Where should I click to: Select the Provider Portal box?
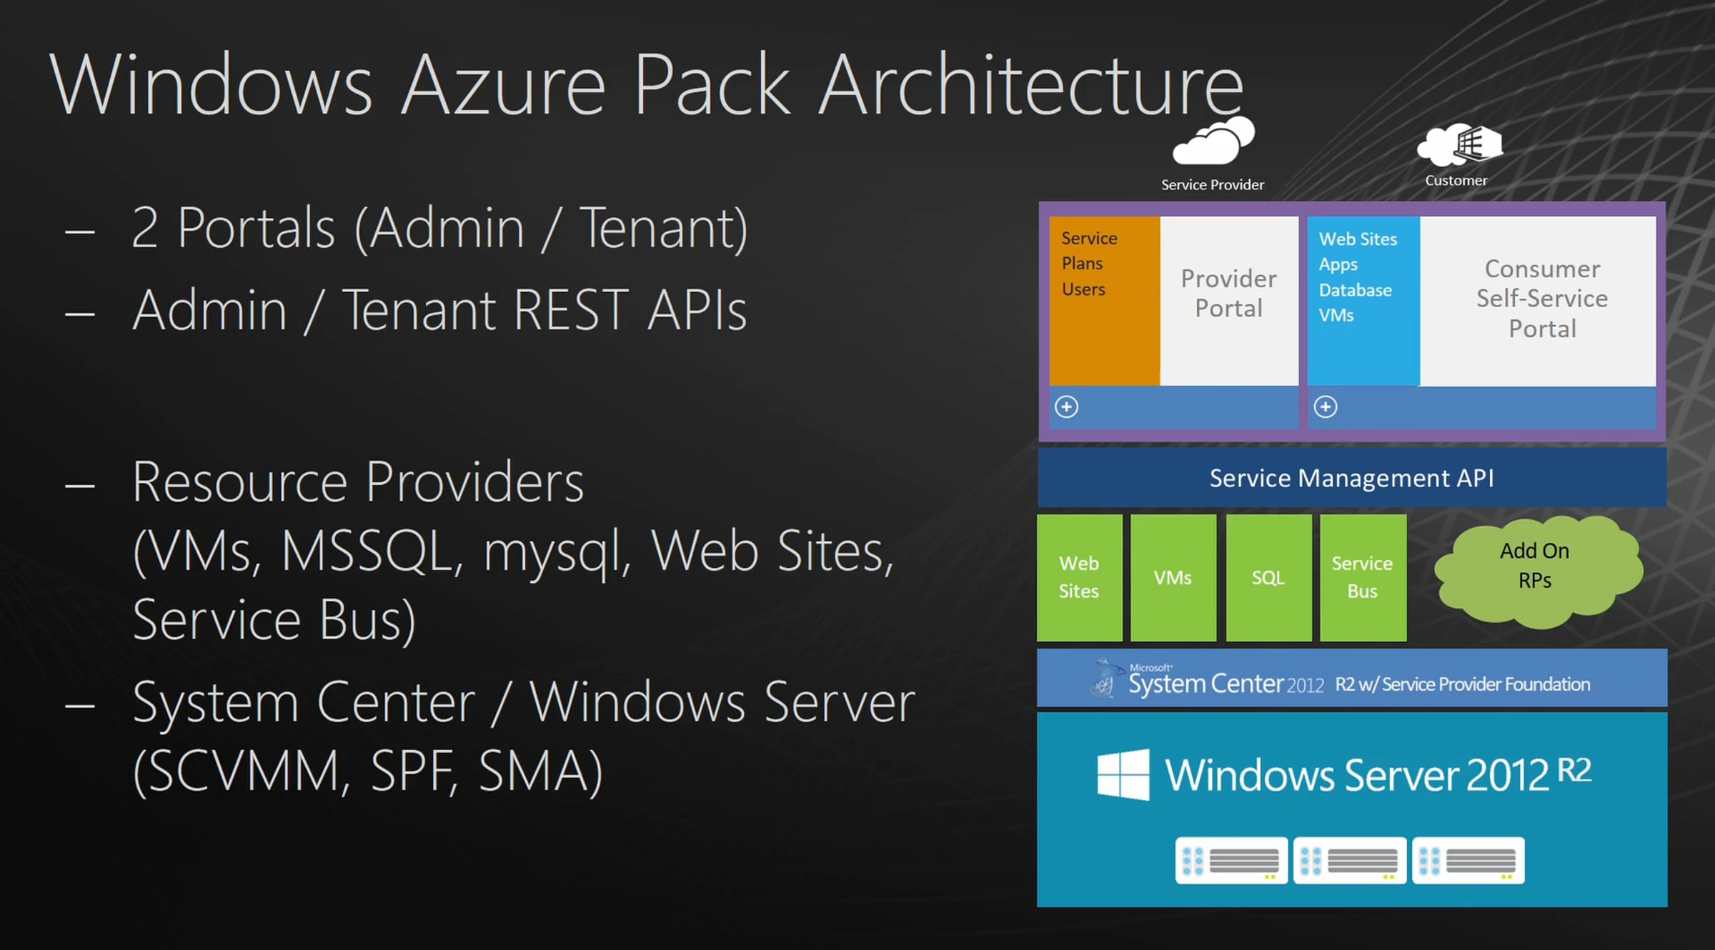point(1229,301)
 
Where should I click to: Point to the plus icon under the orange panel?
point(1067,407)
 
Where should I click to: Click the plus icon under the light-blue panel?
point(1326,407)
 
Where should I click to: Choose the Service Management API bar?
point(1352,477)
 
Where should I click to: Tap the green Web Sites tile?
point(1080,577)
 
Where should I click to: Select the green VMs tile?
point(1173,577)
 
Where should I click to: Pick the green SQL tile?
point(1268,577)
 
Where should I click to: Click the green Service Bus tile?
point(1363,577)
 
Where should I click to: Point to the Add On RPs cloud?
point(1538,571)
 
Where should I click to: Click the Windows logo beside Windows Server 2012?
point(1123,774)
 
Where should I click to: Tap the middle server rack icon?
point(1350,861)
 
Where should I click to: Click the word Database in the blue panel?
point(1356,290)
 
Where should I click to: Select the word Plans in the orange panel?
point(1082,264)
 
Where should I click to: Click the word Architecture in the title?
point(1031,85)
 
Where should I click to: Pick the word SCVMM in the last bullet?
point(242,771)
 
